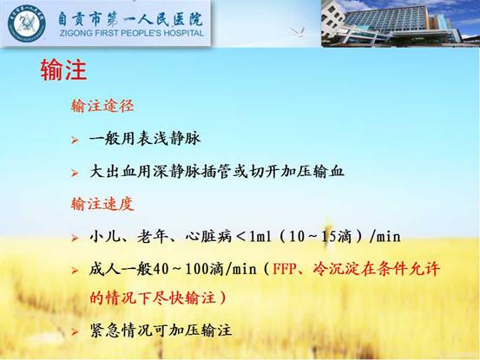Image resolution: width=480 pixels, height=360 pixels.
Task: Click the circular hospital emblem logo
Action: pyautogui.click(x=27, y=23)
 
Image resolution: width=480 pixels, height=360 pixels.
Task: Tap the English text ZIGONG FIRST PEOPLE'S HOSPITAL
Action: pyautogui.click(x=132, y=33)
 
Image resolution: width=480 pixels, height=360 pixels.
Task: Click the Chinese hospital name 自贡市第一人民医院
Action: pyautogui.click(x=130, y=19)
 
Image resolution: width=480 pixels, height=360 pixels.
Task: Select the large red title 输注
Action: pyautogui.click(x=63, y=70)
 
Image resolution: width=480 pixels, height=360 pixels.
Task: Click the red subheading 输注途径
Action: pyautogui.click(x=102, y=106)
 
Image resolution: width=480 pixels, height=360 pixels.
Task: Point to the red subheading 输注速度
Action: pyautogui.click(x=102, y=204)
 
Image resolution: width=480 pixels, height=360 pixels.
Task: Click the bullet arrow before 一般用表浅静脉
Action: pyautogui.click(x=75, y=141)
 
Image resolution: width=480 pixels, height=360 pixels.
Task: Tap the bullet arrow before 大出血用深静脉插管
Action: pyautogui.click(x=75, y=173)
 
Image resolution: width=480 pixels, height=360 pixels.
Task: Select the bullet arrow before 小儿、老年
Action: pyautogui.click(x=75, y=238)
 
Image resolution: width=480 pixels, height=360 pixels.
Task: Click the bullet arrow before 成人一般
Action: pyautogui.click(x=75, y=271)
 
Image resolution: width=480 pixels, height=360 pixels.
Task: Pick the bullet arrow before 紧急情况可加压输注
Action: pyautogui.click(x=75, y=331)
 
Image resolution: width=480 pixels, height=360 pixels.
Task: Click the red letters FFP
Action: pyautogui.click(x=285, y=270)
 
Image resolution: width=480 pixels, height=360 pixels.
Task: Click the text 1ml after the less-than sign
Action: pyautogui.click(x=260, y=237)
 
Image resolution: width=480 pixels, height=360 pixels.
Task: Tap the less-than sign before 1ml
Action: pyautogui.click(x=241, y=237)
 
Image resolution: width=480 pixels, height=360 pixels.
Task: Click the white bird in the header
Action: pyautogui.click(x=298, y=32)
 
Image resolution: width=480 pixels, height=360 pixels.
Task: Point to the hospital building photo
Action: pyautogui.click(x=400, y=23)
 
